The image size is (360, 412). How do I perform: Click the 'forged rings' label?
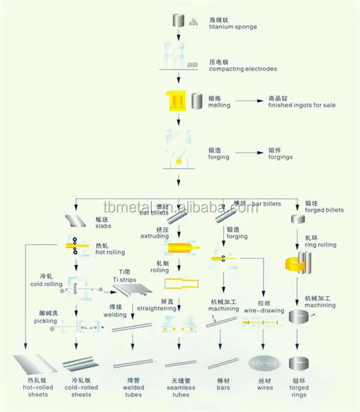click(x=298, y=391)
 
